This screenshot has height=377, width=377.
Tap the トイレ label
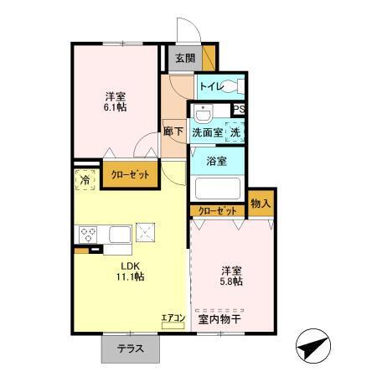click(210, 85)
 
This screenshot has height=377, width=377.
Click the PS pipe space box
click(239, 109)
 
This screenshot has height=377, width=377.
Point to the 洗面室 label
click(206, 132)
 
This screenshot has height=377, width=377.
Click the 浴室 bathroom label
click(216, 161)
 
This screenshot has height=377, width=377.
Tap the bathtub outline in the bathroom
click(217, 188)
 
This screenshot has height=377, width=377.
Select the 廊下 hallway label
click(174, 132)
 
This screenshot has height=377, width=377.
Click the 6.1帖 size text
click(116, 108)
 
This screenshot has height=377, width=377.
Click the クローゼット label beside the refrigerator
click(129, 176)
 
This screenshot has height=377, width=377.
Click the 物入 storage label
click(261, 204)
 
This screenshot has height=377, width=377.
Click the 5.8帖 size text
click(232, 282)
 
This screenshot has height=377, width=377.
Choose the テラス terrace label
click(130, 349)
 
